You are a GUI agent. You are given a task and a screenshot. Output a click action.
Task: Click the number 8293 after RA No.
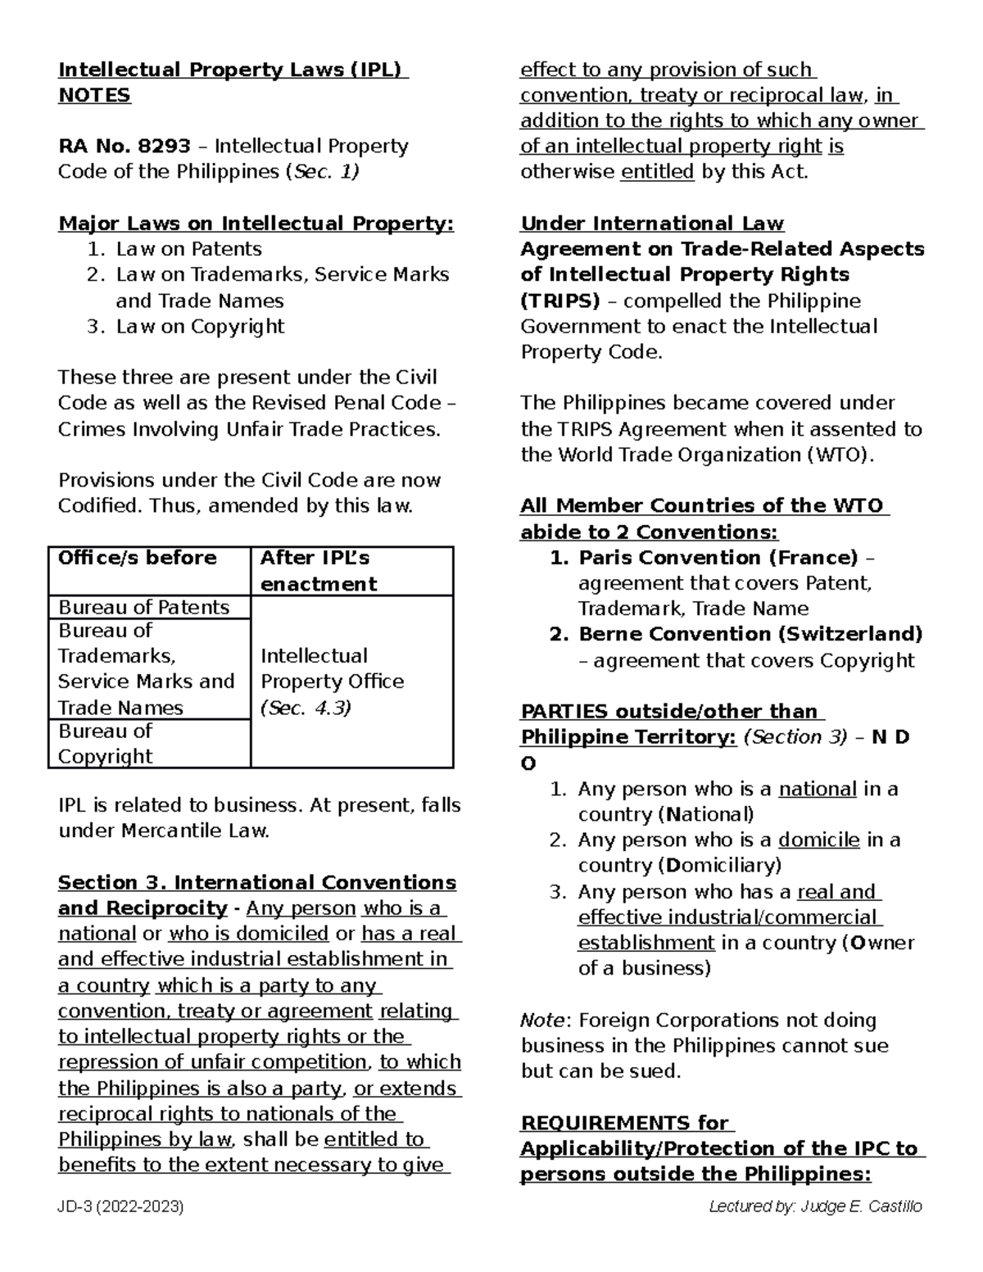point(164,147)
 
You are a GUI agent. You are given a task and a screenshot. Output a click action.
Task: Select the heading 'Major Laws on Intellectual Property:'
point(256,224)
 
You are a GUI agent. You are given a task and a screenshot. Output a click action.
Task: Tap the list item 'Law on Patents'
point(188,249)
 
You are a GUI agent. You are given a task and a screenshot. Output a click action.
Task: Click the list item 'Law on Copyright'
point(200,326)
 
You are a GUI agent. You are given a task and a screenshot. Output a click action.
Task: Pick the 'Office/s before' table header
point(137,558)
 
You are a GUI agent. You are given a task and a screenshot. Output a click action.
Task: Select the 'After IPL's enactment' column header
point(318,571)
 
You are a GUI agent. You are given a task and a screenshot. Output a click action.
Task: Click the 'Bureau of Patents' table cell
point(143,607)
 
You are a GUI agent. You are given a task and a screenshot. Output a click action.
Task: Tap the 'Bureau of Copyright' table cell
point(106,743)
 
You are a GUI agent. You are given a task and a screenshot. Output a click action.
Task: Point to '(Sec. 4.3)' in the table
point(306,708)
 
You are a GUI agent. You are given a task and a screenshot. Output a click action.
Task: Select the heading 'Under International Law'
point(652,224)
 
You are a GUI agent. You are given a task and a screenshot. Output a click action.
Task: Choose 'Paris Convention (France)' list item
point(718,558)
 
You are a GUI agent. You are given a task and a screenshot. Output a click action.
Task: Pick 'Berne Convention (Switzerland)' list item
point(750,634)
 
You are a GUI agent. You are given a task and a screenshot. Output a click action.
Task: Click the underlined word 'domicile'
point(818,840)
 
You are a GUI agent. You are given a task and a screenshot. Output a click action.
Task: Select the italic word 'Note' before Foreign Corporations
point(541,1020)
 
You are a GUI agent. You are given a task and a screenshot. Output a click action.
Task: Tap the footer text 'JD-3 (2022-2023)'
point(121,1206)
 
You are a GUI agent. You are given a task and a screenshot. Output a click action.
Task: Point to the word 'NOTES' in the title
point(94,96)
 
